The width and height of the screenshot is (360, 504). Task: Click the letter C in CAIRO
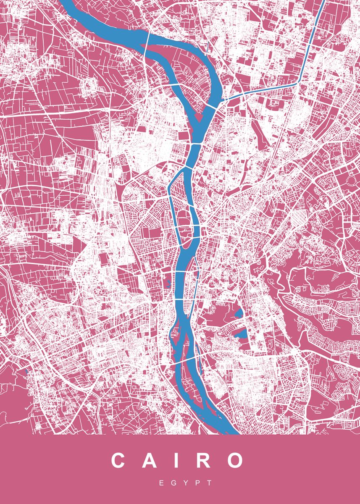coord(119,461)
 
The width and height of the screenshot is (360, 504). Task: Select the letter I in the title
coord(176,461)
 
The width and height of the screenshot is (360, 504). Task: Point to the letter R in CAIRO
coord(203,461)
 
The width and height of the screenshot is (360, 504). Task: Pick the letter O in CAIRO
coord(235,461)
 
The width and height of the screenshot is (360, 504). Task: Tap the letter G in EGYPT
coord(173,483)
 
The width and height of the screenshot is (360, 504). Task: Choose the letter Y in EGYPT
coord(186,483)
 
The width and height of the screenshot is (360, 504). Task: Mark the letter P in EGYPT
coord(197,483)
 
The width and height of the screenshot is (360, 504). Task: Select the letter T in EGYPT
coord(210,483)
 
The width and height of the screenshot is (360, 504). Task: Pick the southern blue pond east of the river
coord(242,334)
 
